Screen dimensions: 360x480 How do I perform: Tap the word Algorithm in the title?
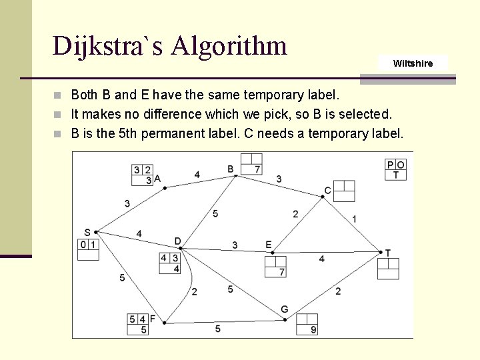(229, 46)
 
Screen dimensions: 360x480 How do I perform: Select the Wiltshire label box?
(413, 63)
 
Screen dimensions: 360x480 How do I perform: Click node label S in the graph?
(87, 232)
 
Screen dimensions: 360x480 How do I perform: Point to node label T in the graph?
(388, 253)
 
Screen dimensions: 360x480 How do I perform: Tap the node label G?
(284, 309)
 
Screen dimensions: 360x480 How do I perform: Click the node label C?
(327, 191)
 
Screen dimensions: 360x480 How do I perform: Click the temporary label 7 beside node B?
(257, 169)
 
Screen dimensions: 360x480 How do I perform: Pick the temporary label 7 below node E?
(282, 272)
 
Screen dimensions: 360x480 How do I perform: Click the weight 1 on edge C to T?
(354, 219)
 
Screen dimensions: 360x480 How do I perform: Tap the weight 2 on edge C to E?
(295, 214)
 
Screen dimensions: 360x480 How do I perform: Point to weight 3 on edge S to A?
(127, 203)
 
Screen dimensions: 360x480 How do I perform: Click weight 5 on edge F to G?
(218, 329)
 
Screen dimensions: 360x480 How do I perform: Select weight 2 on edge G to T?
(338, 291)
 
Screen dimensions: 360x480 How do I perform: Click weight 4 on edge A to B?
(197, 175)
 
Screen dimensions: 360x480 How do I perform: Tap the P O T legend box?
(395, 169)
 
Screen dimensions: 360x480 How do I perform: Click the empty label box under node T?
(388, 268)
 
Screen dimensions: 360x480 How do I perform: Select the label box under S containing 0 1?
(89, 249)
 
